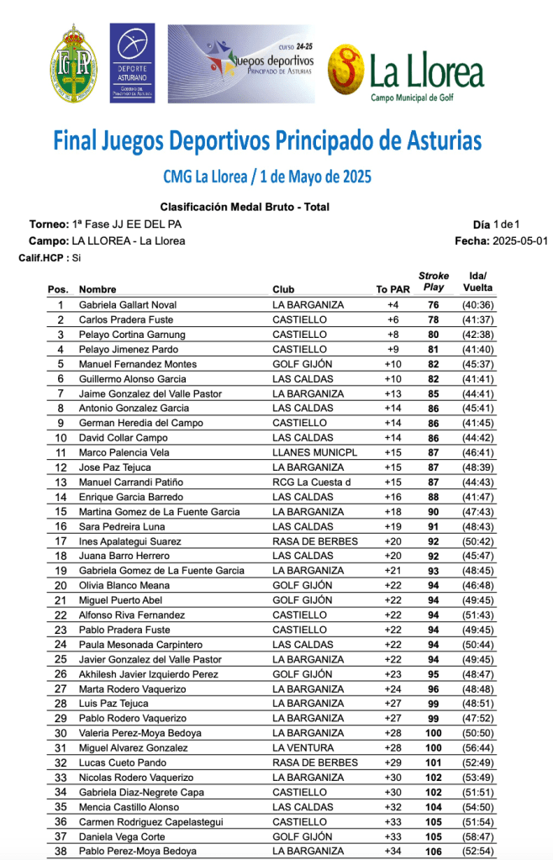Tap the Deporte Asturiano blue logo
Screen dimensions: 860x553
pos(132,62)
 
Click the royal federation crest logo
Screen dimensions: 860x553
pos(75,64)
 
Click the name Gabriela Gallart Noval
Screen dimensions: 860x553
pos(128,305)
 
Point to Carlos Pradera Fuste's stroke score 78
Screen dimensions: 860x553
pos(434,320)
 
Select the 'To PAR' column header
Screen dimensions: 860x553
pos(392,290)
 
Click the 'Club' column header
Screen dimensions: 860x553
pos(283,290)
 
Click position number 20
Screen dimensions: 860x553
pos(61,586)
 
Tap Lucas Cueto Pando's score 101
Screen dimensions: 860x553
pos(434,763)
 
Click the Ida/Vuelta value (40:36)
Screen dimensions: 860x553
pos(477,305)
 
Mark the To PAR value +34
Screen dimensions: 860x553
pos(392,852)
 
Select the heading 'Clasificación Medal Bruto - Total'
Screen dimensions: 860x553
pos(245,207)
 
